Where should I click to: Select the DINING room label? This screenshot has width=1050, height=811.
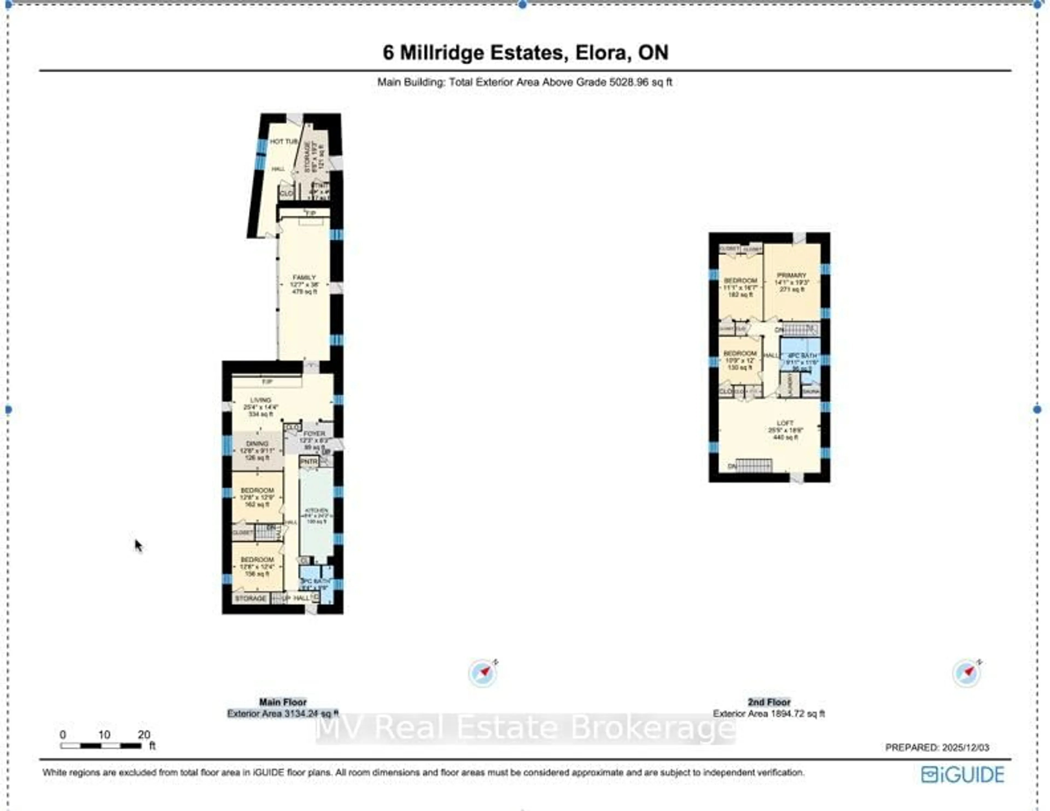click(x=257, y=444)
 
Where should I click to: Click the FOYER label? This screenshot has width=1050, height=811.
click(x=314, y=434)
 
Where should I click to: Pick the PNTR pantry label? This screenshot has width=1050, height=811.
click(x=309, y=461)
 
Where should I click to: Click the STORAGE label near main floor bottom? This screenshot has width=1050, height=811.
click(x=250, y=599)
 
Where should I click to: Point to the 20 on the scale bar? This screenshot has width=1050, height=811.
click(x=144, y=734)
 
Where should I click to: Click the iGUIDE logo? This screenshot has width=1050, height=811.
click(x=962, y=774)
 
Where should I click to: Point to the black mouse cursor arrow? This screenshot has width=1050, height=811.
click(x=138, y=545)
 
